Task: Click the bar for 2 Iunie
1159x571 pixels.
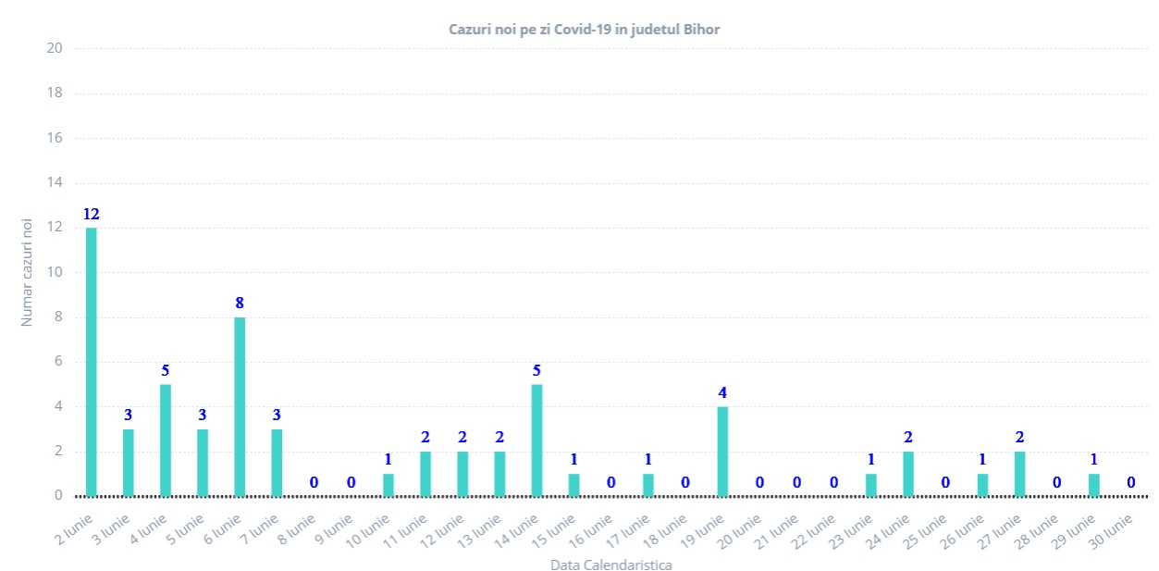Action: click(92, 361)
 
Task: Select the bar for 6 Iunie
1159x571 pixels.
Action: click(240, 406)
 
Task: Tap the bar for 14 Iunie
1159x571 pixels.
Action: click(536, 440)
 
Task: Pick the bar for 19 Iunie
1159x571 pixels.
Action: click(722, 451)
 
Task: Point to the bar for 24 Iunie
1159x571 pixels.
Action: click(908, 473)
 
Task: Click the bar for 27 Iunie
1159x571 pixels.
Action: click(1019, 473)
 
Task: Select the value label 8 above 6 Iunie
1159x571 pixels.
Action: click(240, 304)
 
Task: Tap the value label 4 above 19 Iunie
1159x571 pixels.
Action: click(722, 393)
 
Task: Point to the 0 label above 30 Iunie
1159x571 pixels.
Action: click(1131, 482)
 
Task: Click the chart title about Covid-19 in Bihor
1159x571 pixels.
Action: click(584, 30)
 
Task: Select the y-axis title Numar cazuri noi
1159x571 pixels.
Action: click(28, 272)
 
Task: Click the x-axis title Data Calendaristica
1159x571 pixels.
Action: click(610, 564)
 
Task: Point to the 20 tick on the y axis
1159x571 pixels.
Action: click(54, 48)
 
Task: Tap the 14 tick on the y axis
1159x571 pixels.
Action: click(54, 182)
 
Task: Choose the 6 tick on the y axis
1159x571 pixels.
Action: click(57, 362)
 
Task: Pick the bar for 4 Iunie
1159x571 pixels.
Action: click(166, 440)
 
